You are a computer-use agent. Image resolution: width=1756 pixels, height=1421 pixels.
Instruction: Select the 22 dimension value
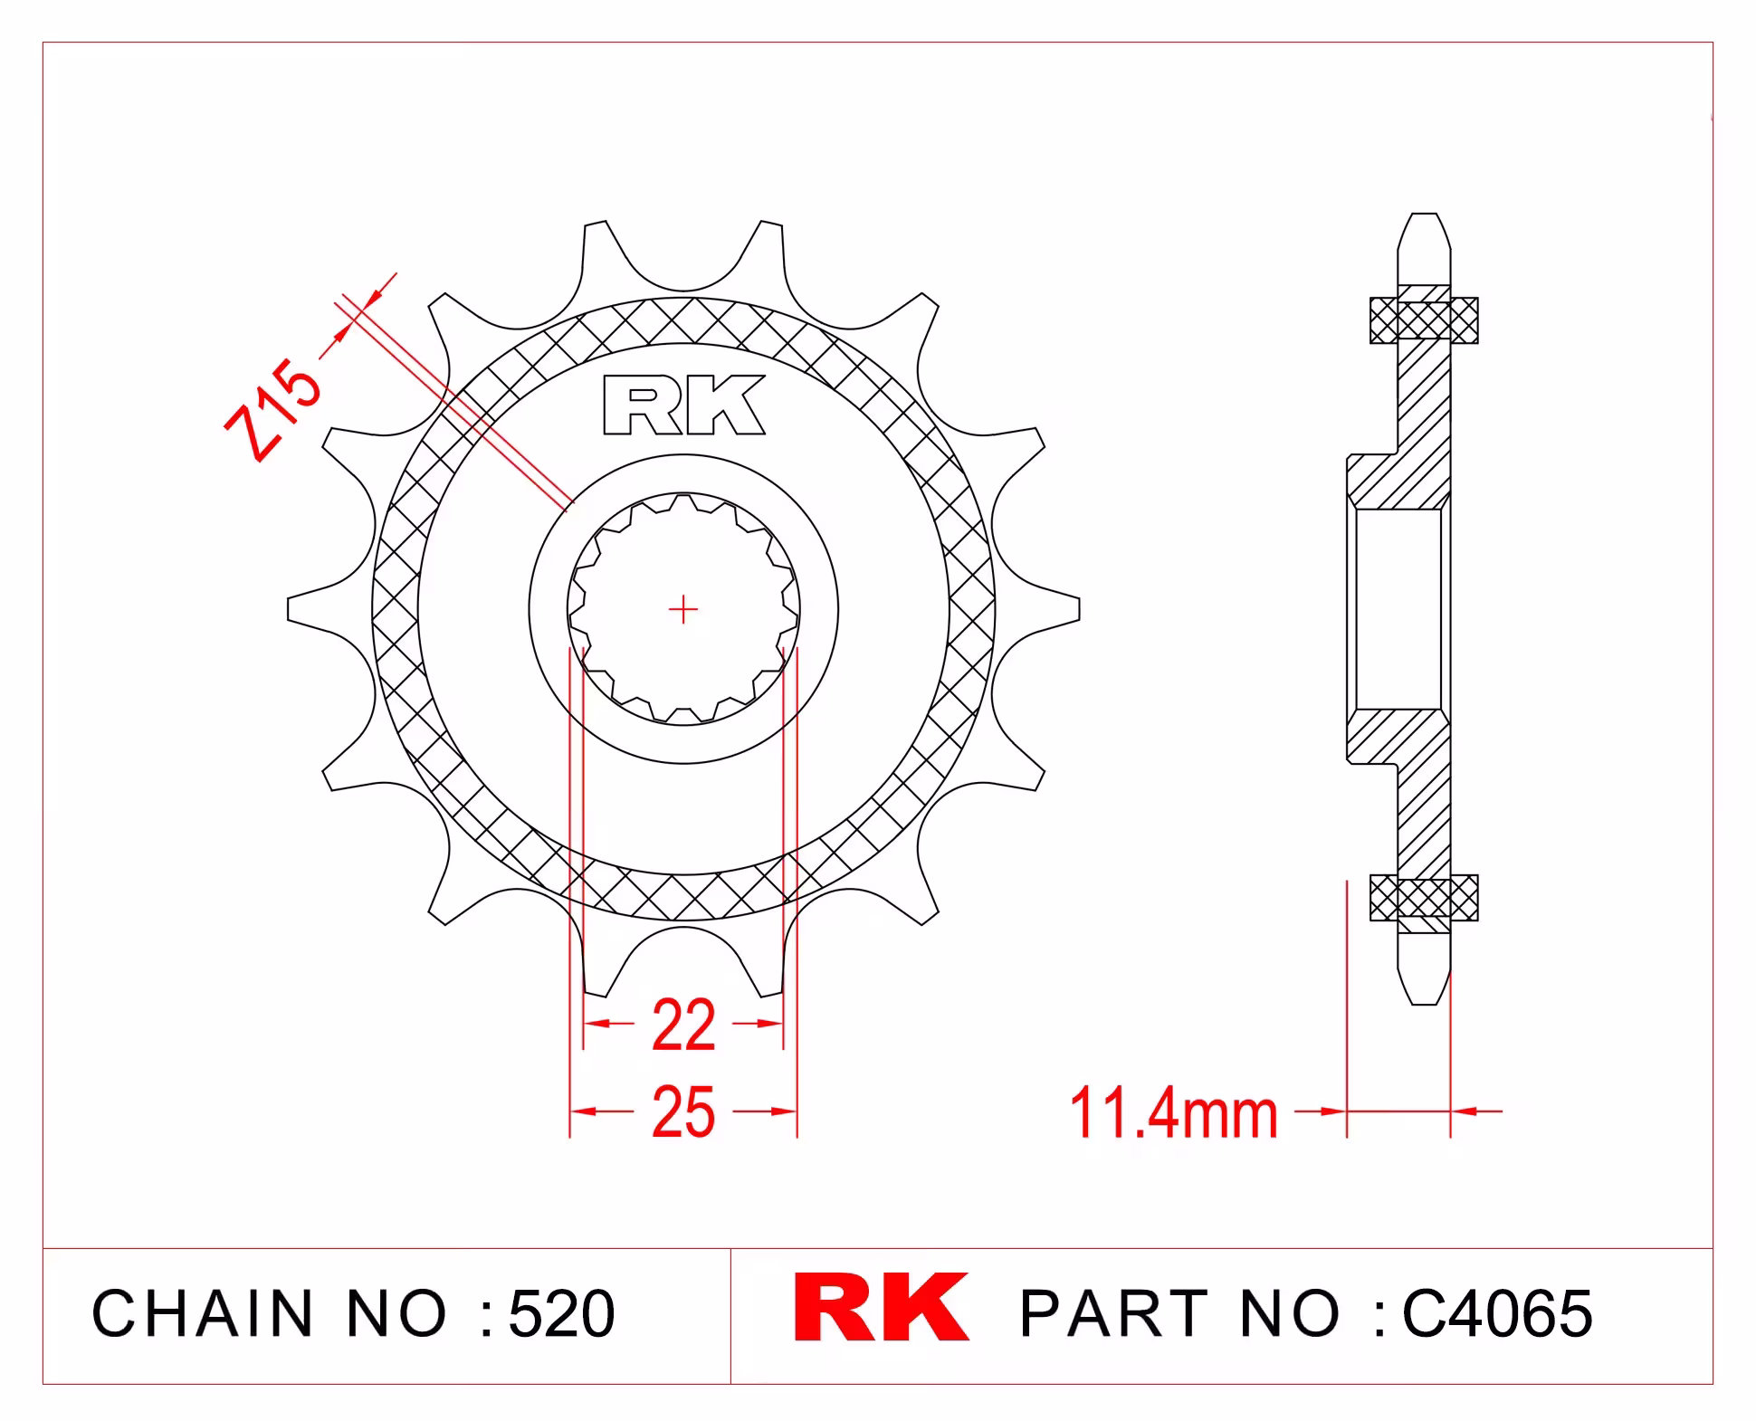pyautogui.click(x=683, y=1025)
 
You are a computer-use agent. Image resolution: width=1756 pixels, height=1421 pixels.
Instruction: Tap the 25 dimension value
pyautogui.click(x=683, y=1112)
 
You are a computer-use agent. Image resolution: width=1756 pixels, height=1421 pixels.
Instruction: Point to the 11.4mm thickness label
pyautogui.click(x=1174, y=1113)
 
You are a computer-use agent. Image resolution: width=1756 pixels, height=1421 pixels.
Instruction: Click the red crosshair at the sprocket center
pyautogui.click(x=683, y=610)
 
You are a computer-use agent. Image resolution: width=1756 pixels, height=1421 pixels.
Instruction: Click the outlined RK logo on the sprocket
pyautogui.click(x=684, y=405)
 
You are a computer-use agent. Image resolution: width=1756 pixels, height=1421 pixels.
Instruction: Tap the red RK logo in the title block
pyautogui.click(x=881, y=1308)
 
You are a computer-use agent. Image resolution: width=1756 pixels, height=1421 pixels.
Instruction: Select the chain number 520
pyautogui.click(x=562, y=1313)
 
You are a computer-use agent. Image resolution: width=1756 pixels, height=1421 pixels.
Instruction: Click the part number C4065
pyautogui.click(x=1497, y=1313)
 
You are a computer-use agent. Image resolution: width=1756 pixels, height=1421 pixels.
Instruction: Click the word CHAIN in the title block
pyautogui.click(x=202, y=1313)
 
